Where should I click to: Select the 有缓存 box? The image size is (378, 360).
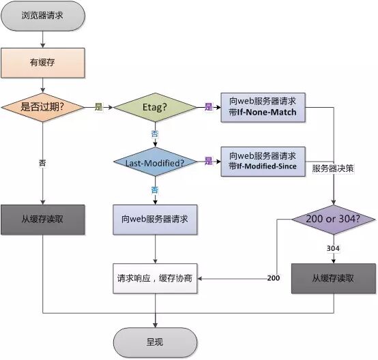43,62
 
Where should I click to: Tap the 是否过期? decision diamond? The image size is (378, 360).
43,107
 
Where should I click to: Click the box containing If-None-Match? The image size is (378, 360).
263,107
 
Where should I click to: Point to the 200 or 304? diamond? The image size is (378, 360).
333,220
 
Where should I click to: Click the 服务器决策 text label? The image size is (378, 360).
333,168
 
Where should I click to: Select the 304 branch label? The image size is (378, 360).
333,249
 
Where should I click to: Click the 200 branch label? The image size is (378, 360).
273,278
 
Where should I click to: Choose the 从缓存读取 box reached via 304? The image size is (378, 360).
333,278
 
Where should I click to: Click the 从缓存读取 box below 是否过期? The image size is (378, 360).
43,220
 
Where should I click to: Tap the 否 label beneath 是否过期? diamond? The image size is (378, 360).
43,164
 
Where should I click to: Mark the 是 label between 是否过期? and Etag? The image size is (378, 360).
98,107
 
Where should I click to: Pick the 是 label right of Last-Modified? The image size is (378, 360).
208,162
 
